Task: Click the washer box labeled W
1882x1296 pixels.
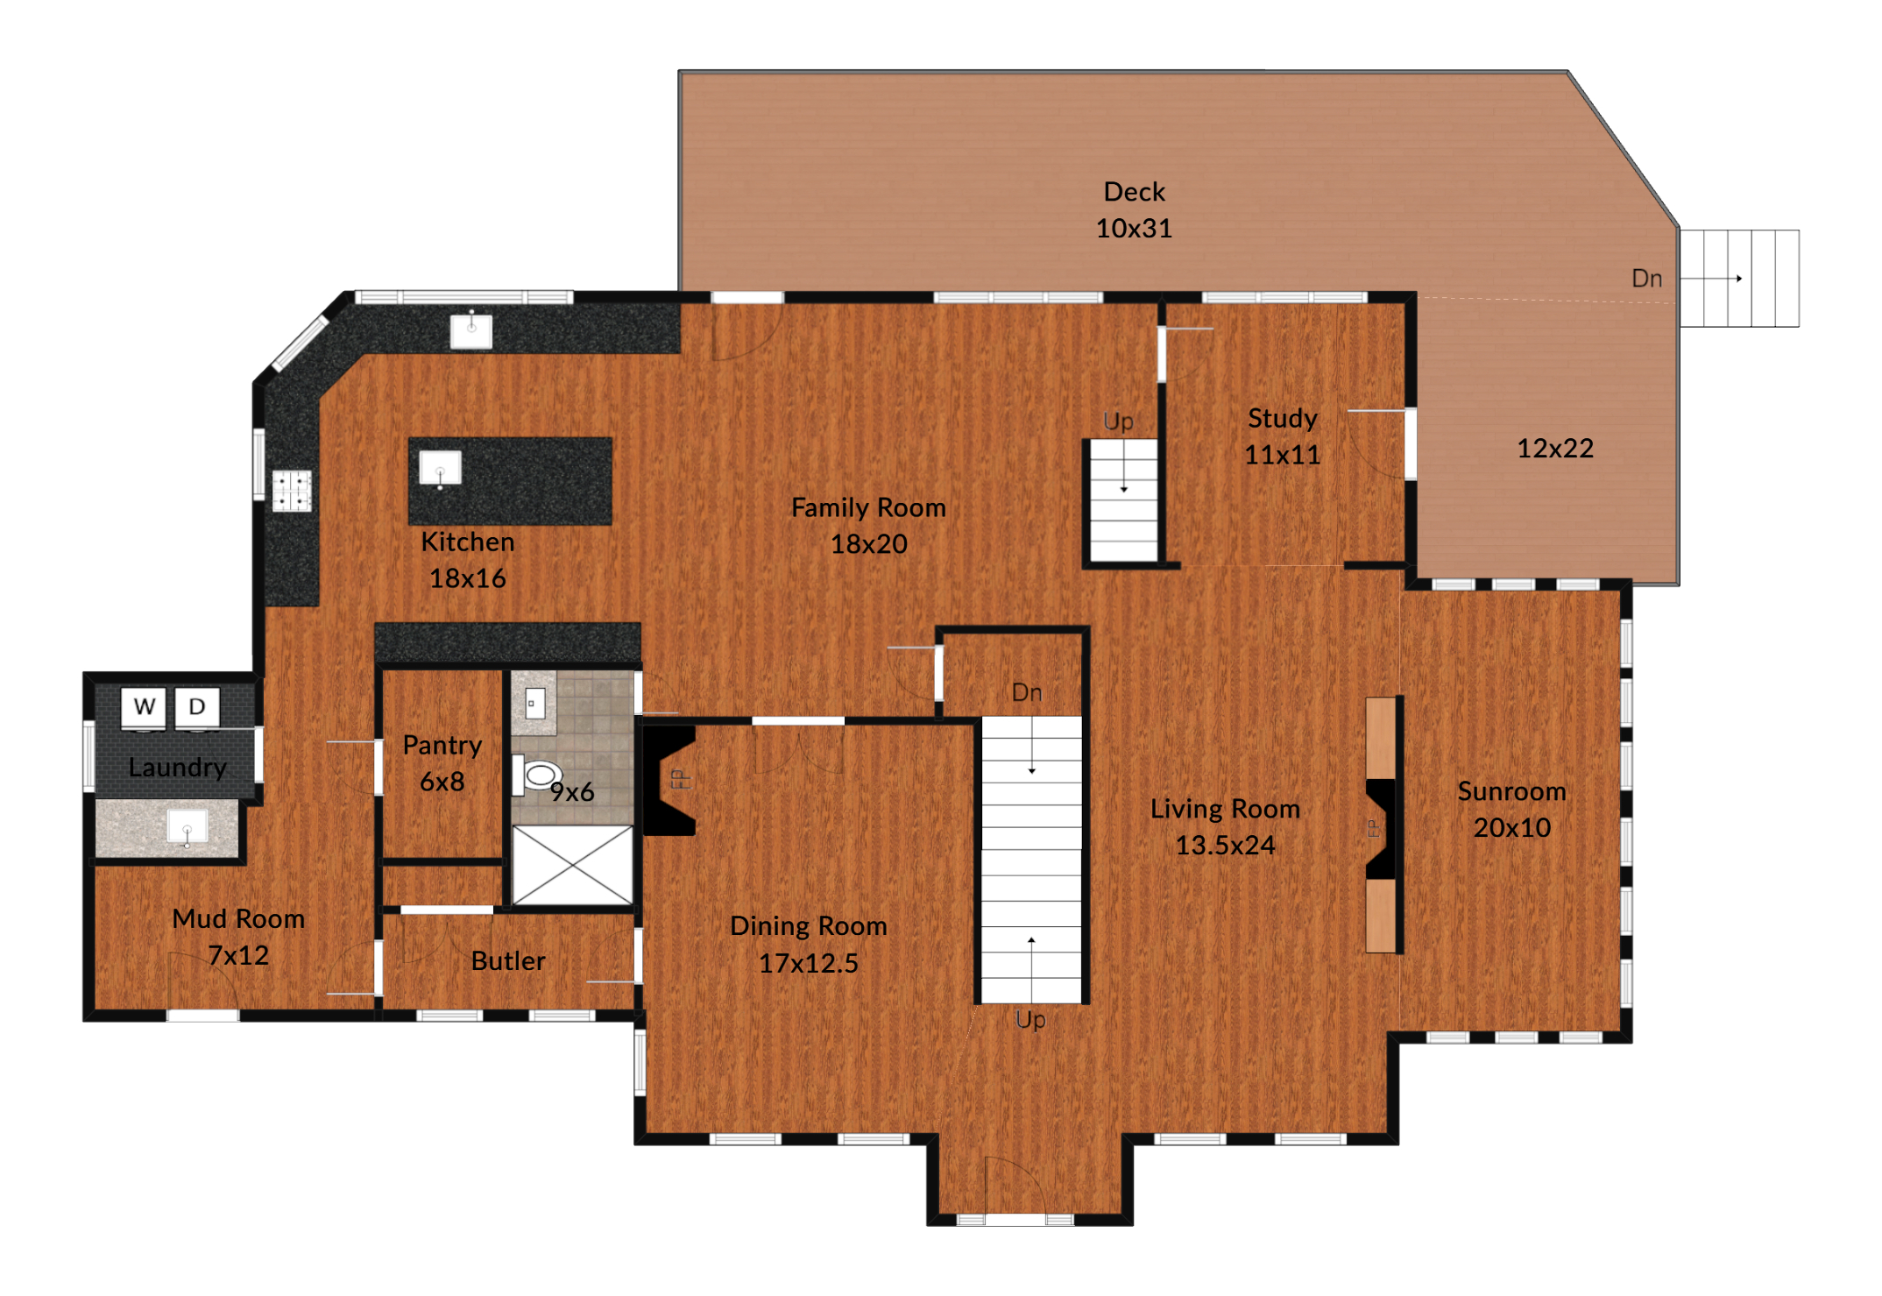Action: (144, 707)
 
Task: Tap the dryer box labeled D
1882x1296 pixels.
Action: (197, 707)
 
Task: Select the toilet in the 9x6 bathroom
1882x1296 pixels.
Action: (536, 775)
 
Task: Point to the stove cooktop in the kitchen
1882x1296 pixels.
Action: (292, 491)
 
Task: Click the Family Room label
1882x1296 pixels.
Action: (868, 507)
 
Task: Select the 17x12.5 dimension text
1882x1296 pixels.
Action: (808, 963)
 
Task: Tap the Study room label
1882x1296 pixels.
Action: (1283, 419)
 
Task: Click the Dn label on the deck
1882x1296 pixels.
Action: (1647, 279)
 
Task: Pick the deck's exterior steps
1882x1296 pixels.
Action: (1739, 279)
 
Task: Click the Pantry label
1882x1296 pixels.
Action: (442, 746)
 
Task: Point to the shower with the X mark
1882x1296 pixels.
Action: (572, 865)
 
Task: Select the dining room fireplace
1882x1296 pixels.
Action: (669, 779)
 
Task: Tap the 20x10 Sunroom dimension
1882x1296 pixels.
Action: (1512, 827)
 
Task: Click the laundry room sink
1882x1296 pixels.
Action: (187, 827)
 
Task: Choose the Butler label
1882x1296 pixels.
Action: (508, 961)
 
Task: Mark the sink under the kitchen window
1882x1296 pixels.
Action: (471, 331)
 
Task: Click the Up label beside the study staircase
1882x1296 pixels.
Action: (1119, 422)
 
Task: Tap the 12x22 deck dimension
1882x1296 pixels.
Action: (1555, 449)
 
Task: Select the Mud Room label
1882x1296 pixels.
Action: (238, 919)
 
